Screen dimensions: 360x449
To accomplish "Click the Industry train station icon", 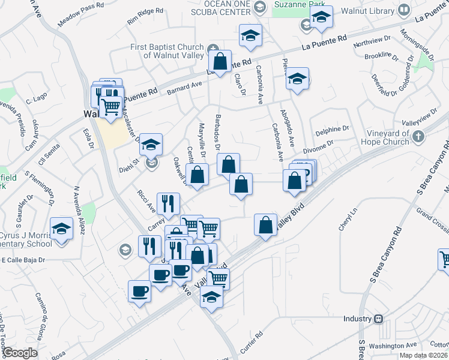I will tap(378, 319).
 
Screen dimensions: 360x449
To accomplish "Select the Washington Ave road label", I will tap(393, 345).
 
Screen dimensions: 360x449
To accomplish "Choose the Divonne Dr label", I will tap(318, 146).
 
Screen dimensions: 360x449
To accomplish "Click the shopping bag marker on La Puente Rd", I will tap(220, 61).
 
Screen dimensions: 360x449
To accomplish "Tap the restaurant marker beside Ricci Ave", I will tap(168, 203).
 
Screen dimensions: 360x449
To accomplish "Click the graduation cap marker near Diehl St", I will tap(151, 145).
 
